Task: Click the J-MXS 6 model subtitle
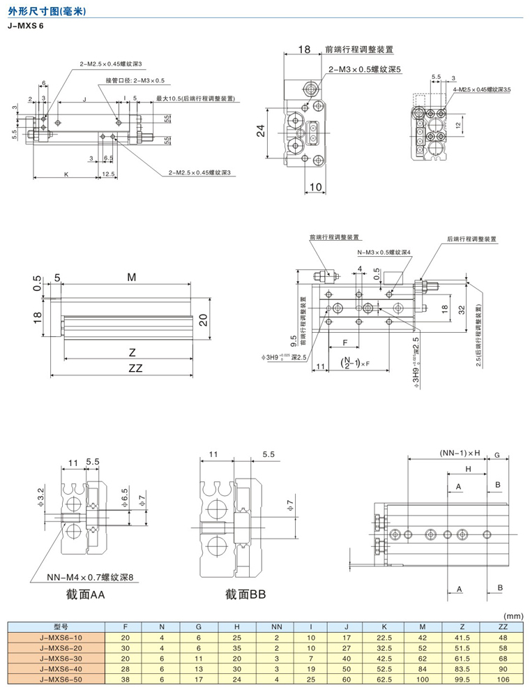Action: [x=25, y=26]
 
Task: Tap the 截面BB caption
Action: [x=245, y=596]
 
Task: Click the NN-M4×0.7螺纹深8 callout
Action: [x=89, y=577]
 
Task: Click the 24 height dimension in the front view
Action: [x=259, y=131]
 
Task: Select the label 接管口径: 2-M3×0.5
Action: [x=135, y=80]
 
